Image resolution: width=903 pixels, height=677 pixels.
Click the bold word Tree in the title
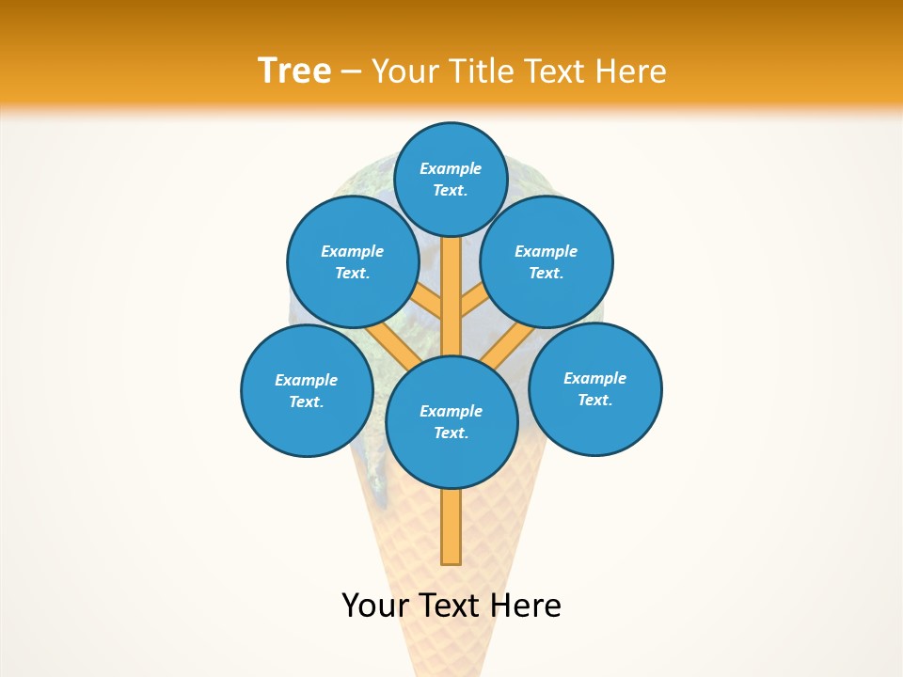[294, 71]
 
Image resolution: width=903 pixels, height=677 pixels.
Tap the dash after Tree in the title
[352, 72]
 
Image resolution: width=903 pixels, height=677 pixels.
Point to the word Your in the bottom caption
[375, 606]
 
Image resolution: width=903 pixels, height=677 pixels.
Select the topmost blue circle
[451, 179]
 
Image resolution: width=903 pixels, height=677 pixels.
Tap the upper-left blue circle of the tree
[352, 262]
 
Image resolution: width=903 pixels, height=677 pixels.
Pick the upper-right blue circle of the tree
[547, 262]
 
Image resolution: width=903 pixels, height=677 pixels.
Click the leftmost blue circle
[307, 390]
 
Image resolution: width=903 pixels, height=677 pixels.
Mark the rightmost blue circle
[595, 388]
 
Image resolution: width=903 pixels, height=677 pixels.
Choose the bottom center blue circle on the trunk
[451, 422]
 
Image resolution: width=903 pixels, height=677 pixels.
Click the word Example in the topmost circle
[451, 168]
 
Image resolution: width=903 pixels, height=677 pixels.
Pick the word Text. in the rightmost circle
[594, 400]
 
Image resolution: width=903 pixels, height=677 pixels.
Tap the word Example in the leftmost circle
[306, 380]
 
